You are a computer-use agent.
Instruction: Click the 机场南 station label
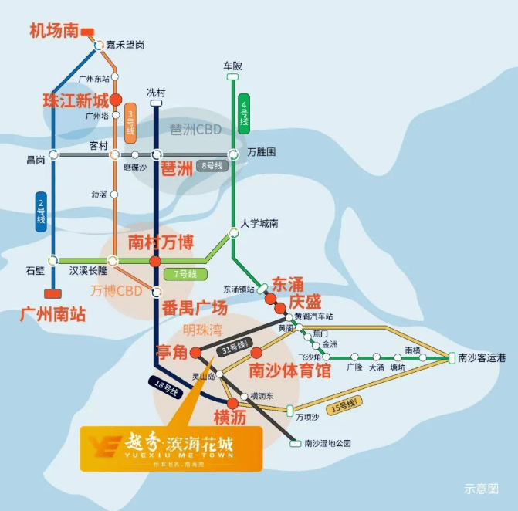tap(54, 31)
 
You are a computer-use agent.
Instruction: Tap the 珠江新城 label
tap(76, 100)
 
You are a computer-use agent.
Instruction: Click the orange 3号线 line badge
tap(130, 123)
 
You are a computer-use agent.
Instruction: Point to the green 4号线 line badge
tap(244, 113)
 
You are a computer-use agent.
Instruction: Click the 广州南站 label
tap(53, 314)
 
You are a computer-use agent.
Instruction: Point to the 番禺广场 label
tap(195, 308)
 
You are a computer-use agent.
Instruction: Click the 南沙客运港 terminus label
tap(481, 357)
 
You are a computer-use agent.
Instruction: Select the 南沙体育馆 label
tap(289, 371)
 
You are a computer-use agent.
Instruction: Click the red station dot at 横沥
tap(232, 402)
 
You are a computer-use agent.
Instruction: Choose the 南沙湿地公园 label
tap(327, 443)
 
